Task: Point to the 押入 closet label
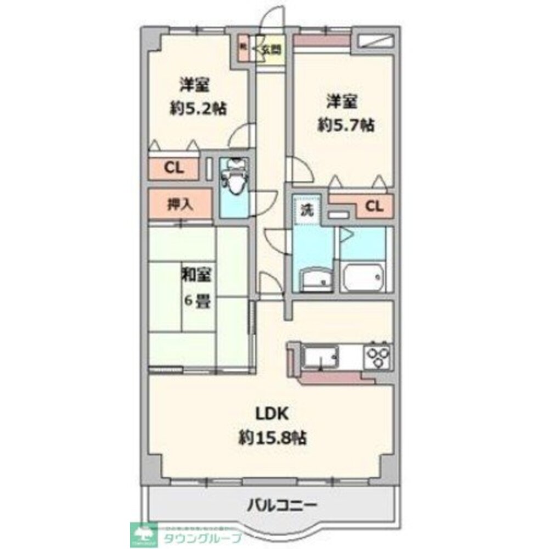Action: (180, 205)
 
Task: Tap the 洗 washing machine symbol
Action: (306, 209)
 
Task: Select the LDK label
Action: (270, 414)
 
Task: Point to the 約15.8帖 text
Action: (272, 438)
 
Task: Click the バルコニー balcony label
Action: (281, 504)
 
